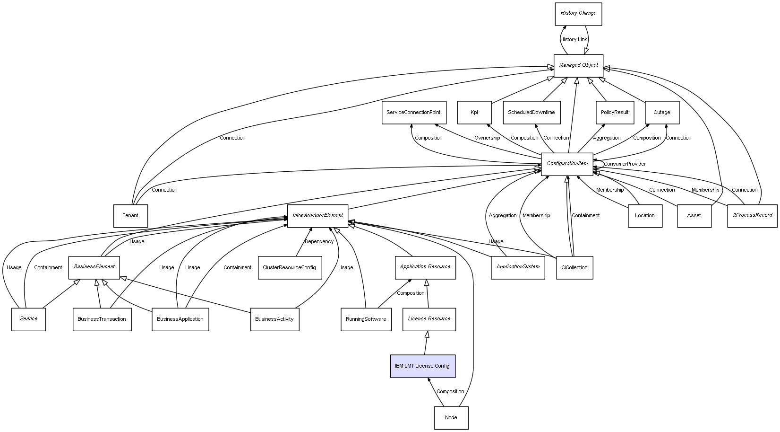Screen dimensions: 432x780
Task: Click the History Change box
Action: tap(578, 14)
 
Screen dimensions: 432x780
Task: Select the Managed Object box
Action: tap(578, 65)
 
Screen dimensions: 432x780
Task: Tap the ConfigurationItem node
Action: tap(567, 164)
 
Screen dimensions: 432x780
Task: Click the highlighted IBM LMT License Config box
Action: tap(423, 366)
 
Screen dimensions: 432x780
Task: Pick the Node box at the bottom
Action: tap(451, 418)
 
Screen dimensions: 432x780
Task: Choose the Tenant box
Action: tap(130, 216)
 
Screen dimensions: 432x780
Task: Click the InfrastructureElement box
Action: tap(317, 216)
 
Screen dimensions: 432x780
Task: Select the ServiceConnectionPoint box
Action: tap(413, 113)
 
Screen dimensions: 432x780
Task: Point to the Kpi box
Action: tap(474, 113)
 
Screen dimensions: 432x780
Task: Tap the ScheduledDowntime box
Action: tap(531, 113)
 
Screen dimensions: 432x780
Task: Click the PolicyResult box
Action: tap(615, 113)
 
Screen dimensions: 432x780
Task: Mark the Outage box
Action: tap(662, 113)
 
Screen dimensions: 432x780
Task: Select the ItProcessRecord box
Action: tap(752, 216)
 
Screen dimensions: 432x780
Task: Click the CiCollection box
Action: tap(574, 268)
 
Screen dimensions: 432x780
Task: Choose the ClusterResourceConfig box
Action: tap(290, 268)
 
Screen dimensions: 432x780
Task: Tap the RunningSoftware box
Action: tap(366, 319)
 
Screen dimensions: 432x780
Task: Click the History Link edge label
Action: tap(574, 40)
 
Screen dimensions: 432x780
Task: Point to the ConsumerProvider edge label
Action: tap(625, 164)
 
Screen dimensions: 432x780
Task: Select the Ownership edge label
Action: tap(487, 138)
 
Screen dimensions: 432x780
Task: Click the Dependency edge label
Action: tap(319, 242)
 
